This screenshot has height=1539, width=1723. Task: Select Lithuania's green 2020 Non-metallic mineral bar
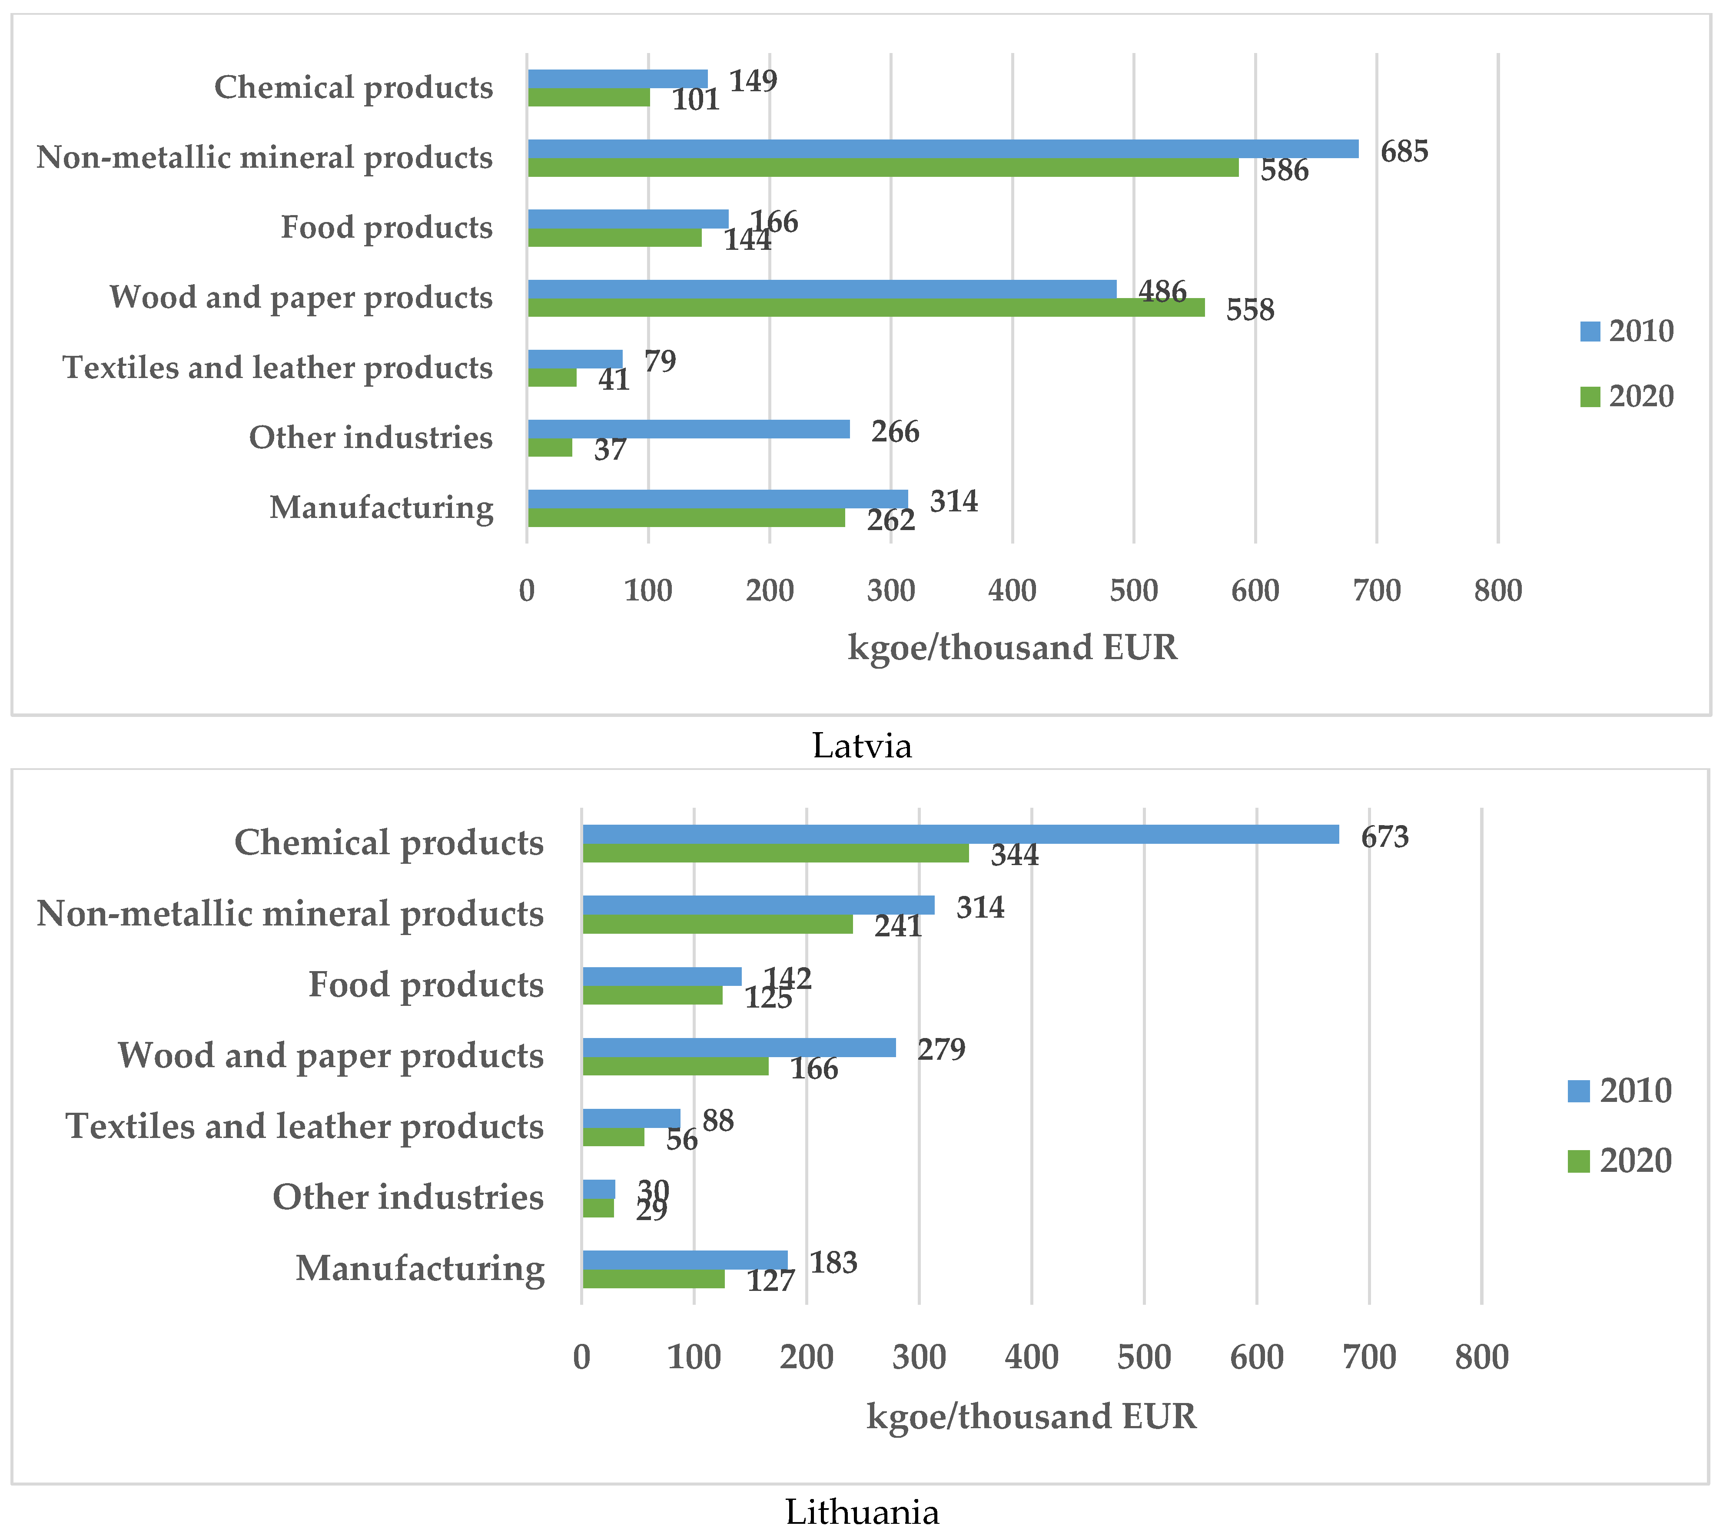[717, 924]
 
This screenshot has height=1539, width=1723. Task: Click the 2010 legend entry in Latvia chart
[1626, 331]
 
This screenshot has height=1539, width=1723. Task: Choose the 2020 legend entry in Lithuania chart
[1619, 1160]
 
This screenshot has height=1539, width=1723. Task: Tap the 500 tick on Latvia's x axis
[1133, 590]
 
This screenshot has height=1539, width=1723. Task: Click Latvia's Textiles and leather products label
[277, 368]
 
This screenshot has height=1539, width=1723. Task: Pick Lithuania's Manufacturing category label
[419, 1268]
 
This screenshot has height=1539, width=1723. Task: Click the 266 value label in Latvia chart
[895, 431]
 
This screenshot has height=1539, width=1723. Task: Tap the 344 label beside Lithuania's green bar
[1014, 855]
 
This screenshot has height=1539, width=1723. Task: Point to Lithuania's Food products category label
[425, 985]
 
